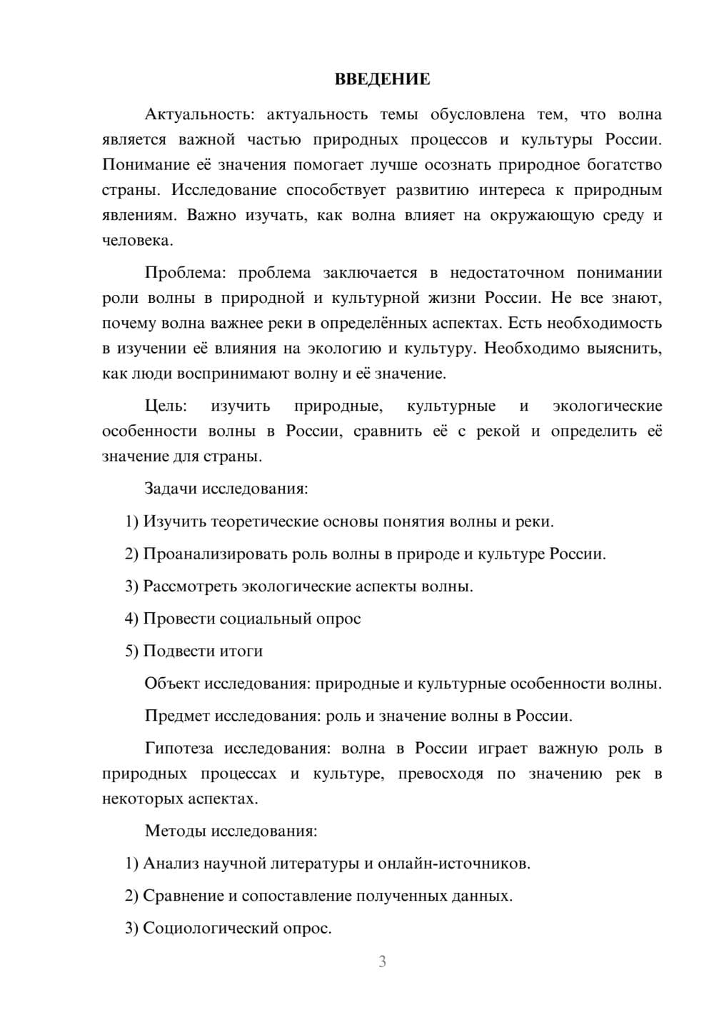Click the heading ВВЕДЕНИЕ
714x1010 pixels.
(x=382, y=79)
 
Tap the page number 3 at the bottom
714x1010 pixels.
(x=382, y=961)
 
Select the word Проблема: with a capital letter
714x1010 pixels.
(x=188, y=273)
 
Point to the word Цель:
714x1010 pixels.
(x=166, y=406)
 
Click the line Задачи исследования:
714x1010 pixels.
(x=226, y=489)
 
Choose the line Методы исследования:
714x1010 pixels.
(x=231, y=831)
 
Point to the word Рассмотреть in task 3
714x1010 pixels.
(x=190, y=586)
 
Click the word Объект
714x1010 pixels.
(x=172, y=684)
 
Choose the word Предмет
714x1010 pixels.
(x=177, y=716)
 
